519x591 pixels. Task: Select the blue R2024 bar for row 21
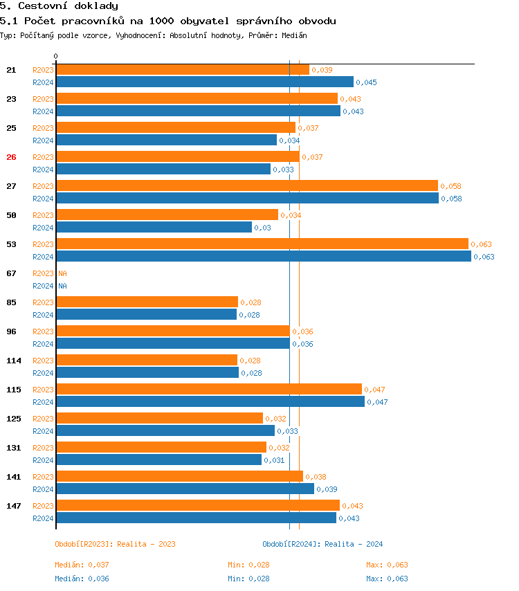204,82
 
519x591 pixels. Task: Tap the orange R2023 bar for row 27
246,186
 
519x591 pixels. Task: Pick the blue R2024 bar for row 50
154,228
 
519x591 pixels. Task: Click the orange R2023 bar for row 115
208,390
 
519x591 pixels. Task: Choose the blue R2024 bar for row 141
185,489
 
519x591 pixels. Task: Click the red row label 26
11,157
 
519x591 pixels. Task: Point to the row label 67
11,273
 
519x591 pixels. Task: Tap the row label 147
13,506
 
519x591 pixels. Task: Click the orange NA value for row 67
62,273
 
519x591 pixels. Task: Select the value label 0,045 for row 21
366,83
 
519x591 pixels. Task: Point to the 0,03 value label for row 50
262,228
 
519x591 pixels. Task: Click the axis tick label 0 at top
56,56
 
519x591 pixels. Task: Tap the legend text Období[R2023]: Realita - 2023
115,544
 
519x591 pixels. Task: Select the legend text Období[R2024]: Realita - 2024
322,544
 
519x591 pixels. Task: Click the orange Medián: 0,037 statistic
82,565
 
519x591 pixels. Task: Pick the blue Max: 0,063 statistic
387,579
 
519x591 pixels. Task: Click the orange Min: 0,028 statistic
248,565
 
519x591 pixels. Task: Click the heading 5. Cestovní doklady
59,6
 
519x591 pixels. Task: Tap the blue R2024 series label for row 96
43,344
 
